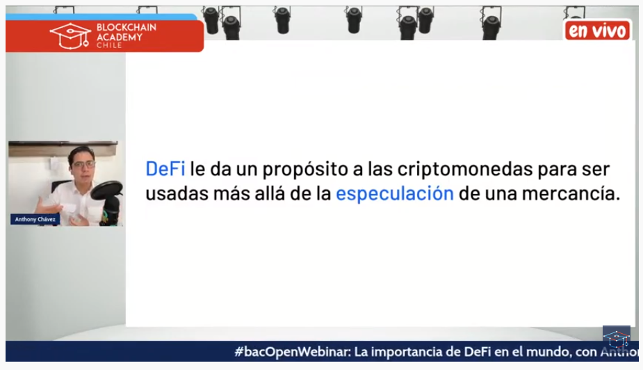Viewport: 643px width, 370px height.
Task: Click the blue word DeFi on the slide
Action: click(x=165, y=169)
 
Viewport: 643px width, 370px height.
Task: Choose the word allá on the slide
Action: click(x=270, y=193)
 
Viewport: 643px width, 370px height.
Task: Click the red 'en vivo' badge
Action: click(x=597, y=31)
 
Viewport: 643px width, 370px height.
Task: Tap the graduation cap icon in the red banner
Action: click(x=70, y=35)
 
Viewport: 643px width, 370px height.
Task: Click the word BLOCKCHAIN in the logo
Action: click(x=127, y=28)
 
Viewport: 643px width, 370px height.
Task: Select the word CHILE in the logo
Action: click(x=109, y=45)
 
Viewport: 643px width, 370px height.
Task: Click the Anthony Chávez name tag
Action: click(x=35, y=220)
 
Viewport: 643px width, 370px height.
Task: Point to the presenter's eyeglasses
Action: click(x=83, y=165)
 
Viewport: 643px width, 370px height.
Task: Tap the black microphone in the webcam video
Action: click(x=108, y=199)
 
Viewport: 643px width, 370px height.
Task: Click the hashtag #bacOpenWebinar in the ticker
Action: click(x=293, y=352)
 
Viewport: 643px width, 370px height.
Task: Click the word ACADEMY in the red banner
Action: click(x=120, y=37)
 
